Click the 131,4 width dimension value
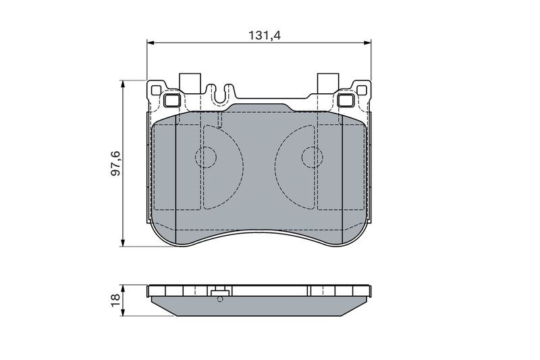(265, 35)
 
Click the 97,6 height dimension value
(115, 163)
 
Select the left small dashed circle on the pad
(206, 157)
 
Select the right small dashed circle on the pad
(313, 157)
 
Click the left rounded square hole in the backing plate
(172, 101)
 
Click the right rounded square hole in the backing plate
(346, 101)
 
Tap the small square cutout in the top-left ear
(156, 90)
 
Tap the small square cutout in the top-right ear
(362, 90)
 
